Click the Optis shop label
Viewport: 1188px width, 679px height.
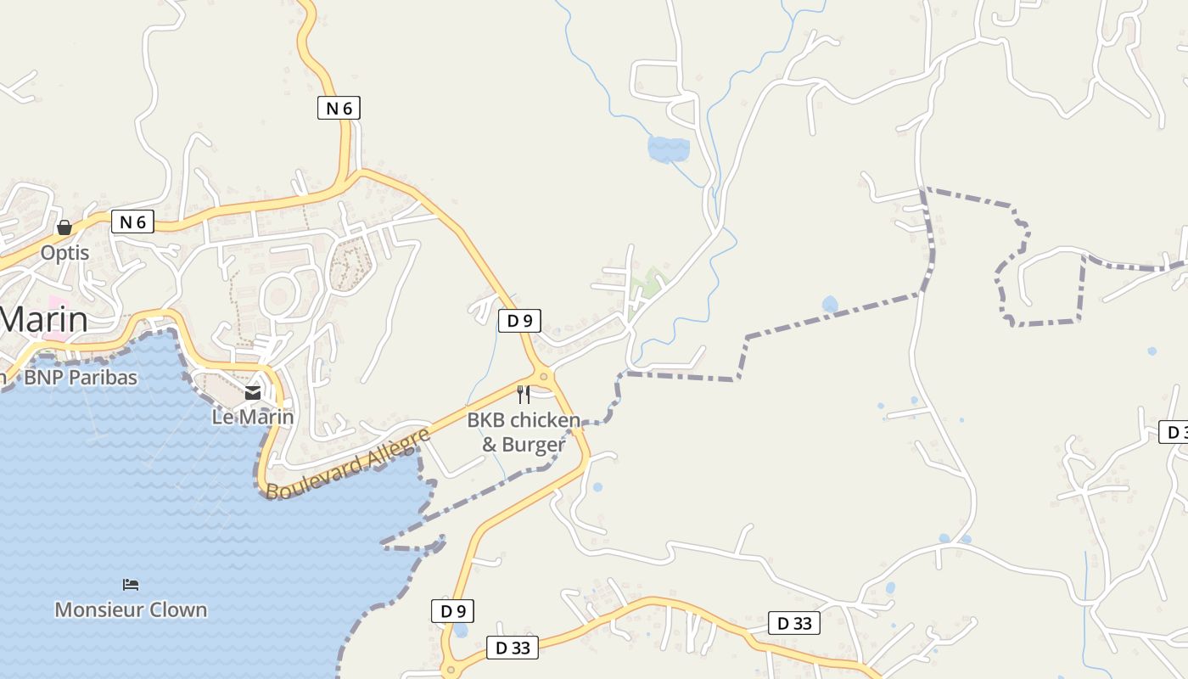coord(64,253)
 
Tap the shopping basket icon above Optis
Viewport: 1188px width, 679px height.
coord(64,227)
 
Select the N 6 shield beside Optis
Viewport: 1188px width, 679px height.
coord(133,222)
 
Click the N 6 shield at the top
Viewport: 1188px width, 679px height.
coord(339,108)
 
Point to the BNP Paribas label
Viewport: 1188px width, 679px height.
coord(81,378)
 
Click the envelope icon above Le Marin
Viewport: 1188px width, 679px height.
coord(253,392)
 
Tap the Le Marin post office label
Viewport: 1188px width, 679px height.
coord(253,417)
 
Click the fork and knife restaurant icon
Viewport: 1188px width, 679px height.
coord(524,394)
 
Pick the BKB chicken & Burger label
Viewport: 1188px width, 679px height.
coord(524,432)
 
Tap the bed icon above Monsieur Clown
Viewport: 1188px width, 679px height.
coord(131,584)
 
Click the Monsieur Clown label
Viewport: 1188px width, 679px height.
coord(131,609)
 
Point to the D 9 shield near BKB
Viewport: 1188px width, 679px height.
coord(519,321)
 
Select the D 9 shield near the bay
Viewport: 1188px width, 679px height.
coord(453,611)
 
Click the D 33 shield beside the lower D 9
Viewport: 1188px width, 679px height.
coord(513,648)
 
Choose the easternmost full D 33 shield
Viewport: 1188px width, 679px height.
coord(794,623)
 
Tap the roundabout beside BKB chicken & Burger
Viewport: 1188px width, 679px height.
coord(543,375)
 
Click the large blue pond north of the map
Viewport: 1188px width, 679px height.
coord(669,149)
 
